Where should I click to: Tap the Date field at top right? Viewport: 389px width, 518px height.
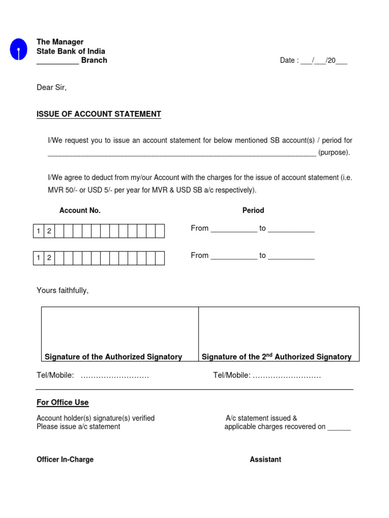point(314,61)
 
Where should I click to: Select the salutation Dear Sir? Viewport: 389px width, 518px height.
point(52,88)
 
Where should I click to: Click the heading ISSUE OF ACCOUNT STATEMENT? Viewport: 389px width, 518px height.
point(99,114)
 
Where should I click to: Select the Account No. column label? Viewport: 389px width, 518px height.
point(80,210)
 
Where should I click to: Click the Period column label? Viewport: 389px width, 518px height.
point(253,210)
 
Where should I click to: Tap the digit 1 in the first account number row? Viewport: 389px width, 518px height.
point(38,231)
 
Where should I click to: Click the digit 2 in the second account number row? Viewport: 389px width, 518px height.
point(49,258)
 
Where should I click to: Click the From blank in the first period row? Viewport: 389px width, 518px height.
point(234,230)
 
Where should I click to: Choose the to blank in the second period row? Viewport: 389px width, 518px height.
point(291,257)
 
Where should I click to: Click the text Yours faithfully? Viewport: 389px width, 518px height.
point(62,290)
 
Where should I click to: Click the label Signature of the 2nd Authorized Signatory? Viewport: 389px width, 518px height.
point(277,357)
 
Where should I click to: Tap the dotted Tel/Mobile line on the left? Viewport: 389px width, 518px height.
point(114,375)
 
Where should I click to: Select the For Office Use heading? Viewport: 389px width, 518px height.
point(63,403)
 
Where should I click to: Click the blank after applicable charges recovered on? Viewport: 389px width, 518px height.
point(339,428)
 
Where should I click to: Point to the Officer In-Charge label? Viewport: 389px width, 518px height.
point(65,460)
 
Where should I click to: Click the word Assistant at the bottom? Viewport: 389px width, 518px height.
point(265,460)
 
